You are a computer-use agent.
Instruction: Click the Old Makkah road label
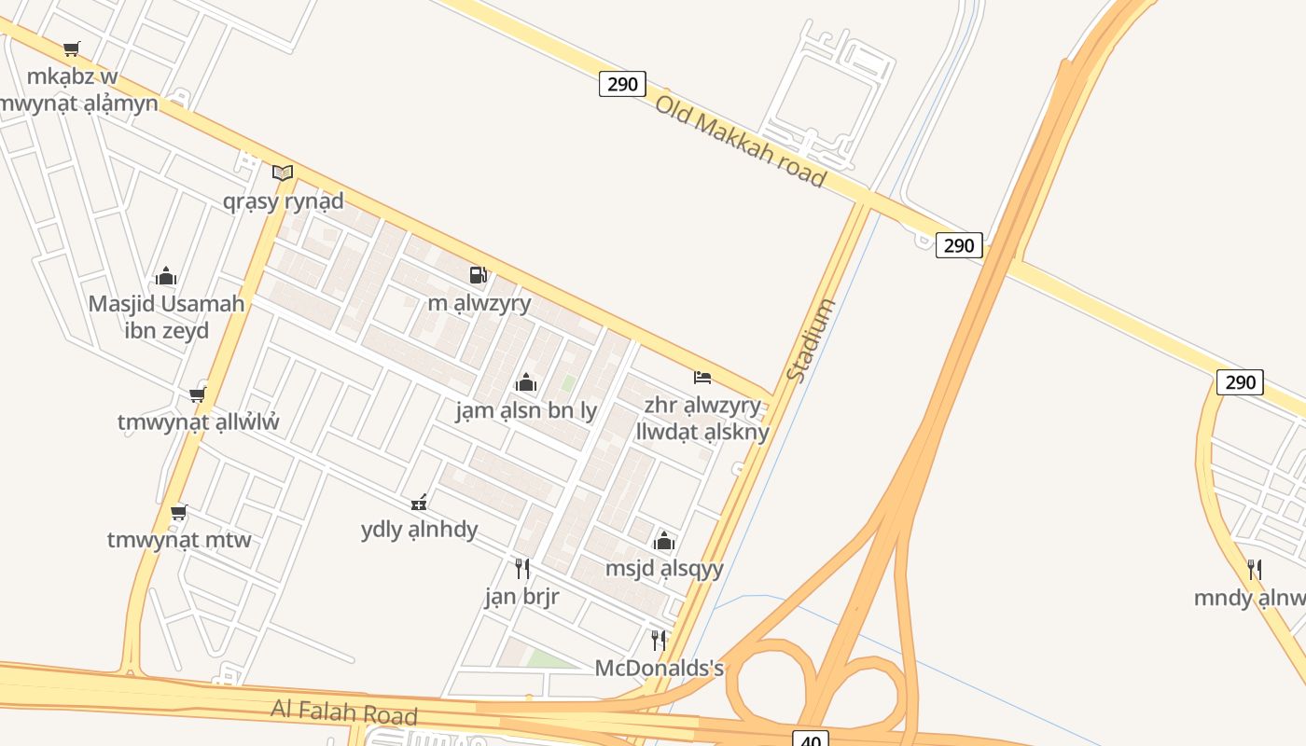tap(740, 140)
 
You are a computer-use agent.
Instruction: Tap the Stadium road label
tap(810, 339)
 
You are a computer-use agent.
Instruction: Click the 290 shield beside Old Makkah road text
tap(622, 84)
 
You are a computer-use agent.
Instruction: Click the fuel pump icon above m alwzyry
tap(478, 274)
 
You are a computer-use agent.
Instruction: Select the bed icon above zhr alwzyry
tap(702, 378)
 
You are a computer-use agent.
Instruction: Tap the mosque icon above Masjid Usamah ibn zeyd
tap(166, 276)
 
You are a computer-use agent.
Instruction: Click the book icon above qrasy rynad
tap(283, 173)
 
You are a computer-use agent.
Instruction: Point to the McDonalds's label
tap(660, 669)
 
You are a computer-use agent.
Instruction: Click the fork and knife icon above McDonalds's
tap(659, 640)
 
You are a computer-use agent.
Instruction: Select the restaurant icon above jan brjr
tap(522, 568)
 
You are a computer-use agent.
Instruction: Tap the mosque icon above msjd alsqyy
tap(664, 541)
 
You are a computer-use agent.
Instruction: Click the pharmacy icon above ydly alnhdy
tap(419, 503)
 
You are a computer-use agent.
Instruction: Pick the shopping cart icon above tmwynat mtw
tap(179, 512)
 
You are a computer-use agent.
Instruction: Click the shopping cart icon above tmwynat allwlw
tap(197, 394)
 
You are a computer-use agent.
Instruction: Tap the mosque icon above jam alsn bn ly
tap(526, 382)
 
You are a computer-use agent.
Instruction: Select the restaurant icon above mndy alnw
tap(1255, 569)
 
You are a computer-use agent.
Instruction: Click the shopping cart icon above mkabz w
tap(72, 48)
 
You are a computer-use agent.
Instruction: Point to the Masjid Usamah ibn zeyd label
tap(167, 317)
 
